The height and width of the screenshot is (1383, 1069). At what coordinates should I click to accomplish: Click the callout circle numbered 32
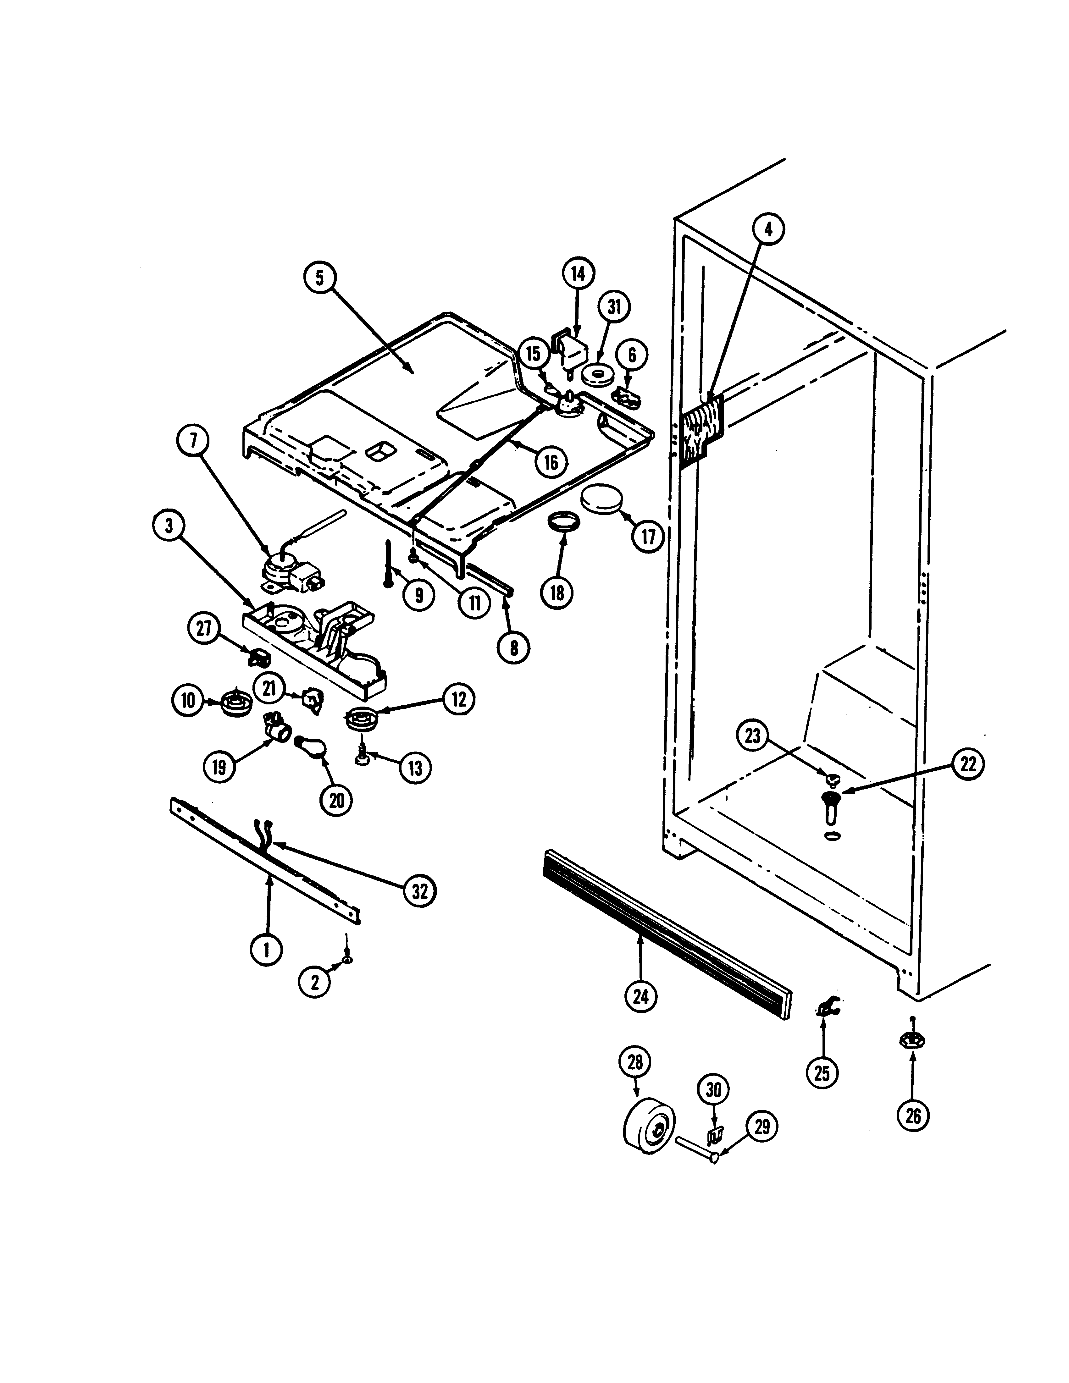419,891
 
